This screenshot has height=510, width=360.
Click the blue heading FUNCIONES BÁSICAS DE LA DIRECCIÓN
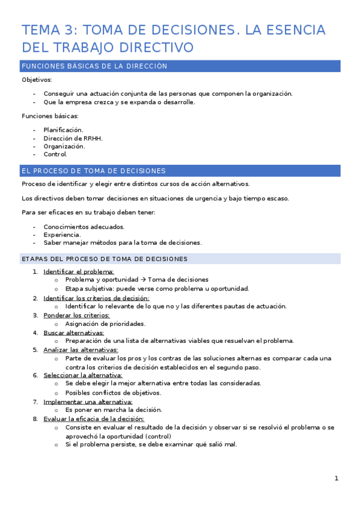point(94,66)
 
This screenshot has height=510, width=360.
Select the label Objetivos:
point(37,79)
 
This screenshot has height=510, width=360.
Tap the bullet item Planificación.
point(63,129)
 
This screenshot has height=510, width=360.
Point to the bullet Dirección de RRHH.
point(73,138)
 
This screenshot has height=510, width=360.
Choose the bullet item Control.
point(55,154)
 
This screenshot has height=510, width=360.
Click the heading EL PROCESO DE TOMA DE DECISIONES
point(93,171)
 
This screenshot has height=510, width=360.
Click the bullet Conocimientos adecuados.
point(84,227)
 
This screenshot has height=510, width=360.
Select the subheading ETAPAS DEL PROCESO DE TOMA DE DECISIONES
point(104,259)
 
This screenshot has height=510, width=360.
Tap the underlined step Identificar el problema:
point(79,271)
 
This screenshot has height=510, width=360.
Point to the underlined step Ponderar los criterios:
point(76,315)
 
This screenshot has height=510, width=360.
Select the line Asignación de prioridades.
point(105,324)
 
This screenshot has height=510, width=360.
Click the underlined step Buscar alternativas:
point(73,332)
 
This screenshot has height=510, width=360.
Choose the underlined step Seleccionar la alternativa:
point(82,375)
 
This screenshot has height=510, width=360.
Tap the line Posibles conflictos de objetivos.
point(113,393)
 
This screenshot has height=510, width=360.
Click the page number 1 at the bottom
point(337,479)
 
